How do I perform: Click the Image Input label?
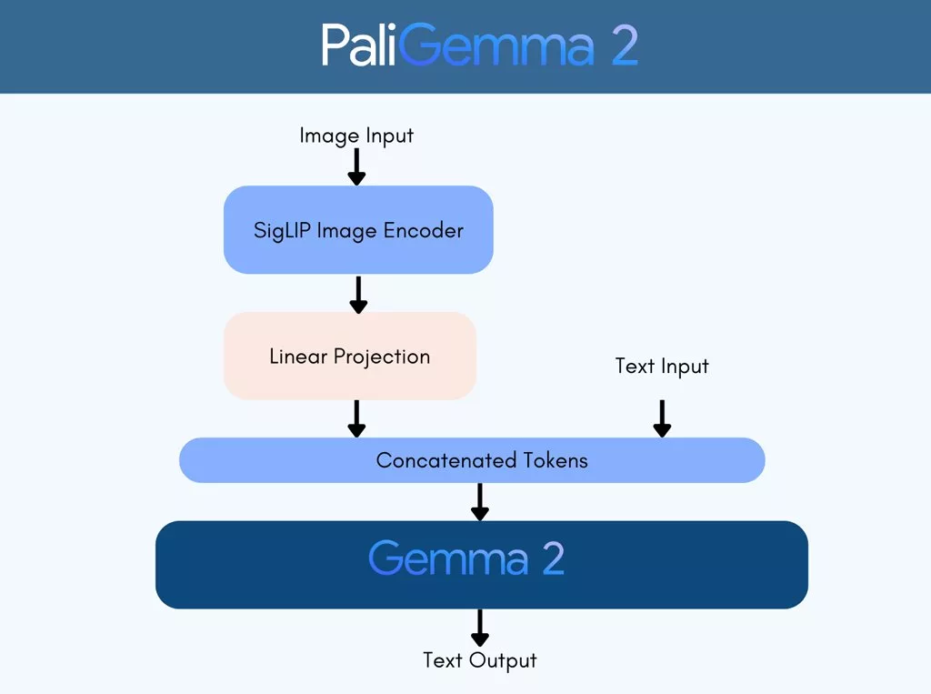(356, 136)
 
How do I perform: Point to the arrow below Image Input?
(357, 166)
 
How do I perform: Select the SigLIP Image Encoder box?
(358, 229)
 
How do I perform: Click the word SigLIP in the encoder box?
(283, 230)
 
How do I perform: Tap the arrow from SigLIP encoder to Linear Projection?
(358, 293)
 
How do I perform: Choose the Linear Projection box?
(350, 356)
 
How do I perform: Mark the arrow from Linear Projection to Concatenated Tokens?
(357, 418)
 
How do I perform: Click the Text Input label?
(662, 366)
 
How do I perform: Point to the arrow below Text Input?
(662, 418)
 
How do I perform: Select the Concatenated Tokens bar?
(472, 460)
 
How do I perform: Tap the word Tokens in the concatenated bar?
(555, 460)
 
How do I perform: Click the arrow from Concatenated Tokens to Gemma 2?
(480, 501)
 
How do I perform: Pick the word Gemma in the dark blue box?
(448, 558)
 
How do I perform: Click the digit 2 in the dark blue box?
(553, 558)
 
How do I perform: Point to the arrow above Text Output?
(480, 628)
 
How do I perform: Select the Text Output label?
(480, 660)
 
